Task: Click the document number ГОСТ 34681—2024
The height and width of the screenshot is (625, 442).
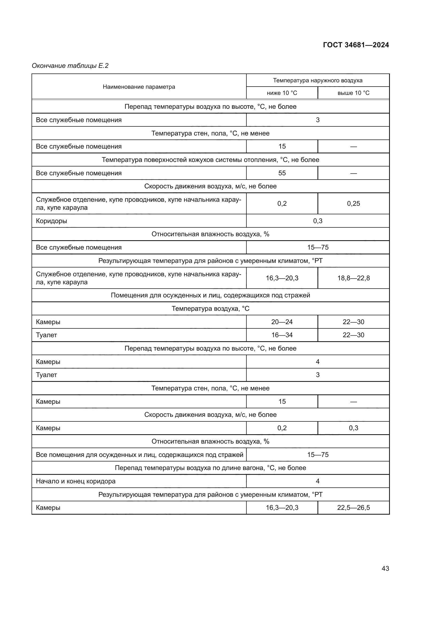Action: pyautogui.click(x=356, y=45)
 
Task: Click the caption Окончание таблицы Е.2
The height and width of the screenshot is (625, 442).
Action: pyautogui.click(x=70, y=66)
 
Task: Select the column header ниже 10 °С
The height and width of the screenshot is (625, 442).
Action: pyautogui.click(x=282, y=93)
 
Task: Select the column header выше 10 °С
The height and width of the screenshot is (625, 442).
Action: pyautogui.click(x=353, y=93)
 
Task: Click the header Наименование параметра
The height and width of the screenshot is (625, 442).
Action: pyautogui.click(x=139, y=87)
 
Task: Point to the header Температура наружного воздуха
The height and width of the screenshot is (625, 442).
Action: pyautogui.click(x=318, y=80)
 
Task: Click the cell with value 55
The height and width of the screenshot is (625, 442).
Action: pyautogui.click(x=282, y=173)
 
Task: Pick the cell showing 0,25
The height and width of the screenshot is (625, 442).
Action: pyautogui.click(x=353, y=204)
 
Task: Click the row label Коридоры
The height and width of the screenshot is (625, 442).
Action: pyautogui.click(x=51, y=221)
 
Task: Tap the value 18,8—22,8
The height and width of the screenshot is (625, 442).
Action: pyautogui.click(x=353, y=278)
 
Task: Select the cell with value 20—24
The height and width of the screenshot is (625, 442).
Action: pyautogui.click(x=282, y=322)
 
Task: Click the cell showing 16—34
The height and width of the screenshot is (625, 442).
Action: pyautogui.click(x=282, y=335)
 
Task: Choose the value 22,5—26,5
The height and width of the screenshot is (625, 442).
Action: pyautogui.click(x=353, y=508)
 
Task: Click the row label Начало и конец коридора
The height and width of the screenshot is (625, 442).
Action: pyautogui.click(x=76, y=481)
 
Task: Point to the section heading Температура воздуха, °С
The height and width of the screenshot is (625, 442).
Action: pyautogui.click(x=210, y=308)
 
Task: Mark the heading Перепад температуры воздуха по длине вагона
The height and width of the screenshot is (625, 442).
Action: pyautogui.click(x=210, y=468)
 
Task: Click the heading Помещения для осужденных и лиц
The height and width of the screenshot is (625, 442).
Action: pyautogui.click(x=210, y=295)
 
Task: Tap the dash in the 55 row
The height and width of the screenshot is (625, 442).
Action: pyautogui.click(x=353, y=173)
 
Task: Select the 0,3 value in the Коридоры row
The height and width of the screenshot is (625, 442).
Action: pyautogui.click(x=318, y=221)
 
